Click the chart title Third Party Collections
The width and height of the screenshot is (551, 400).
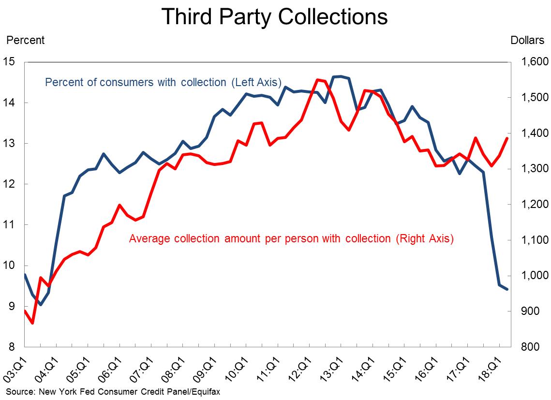point(275,16)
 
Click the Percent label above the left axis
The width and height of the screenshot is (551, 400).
point(24,40)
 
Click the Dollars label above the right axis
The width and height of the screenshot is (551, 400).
point(527,40)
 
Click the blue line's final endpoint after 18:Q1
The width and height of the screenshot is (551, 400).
point(506,289)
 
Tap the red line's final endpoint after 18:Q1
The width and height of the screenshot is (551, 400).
point(506,138)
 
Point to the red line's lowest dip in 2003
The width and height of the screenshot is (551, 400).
point(32,323)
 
